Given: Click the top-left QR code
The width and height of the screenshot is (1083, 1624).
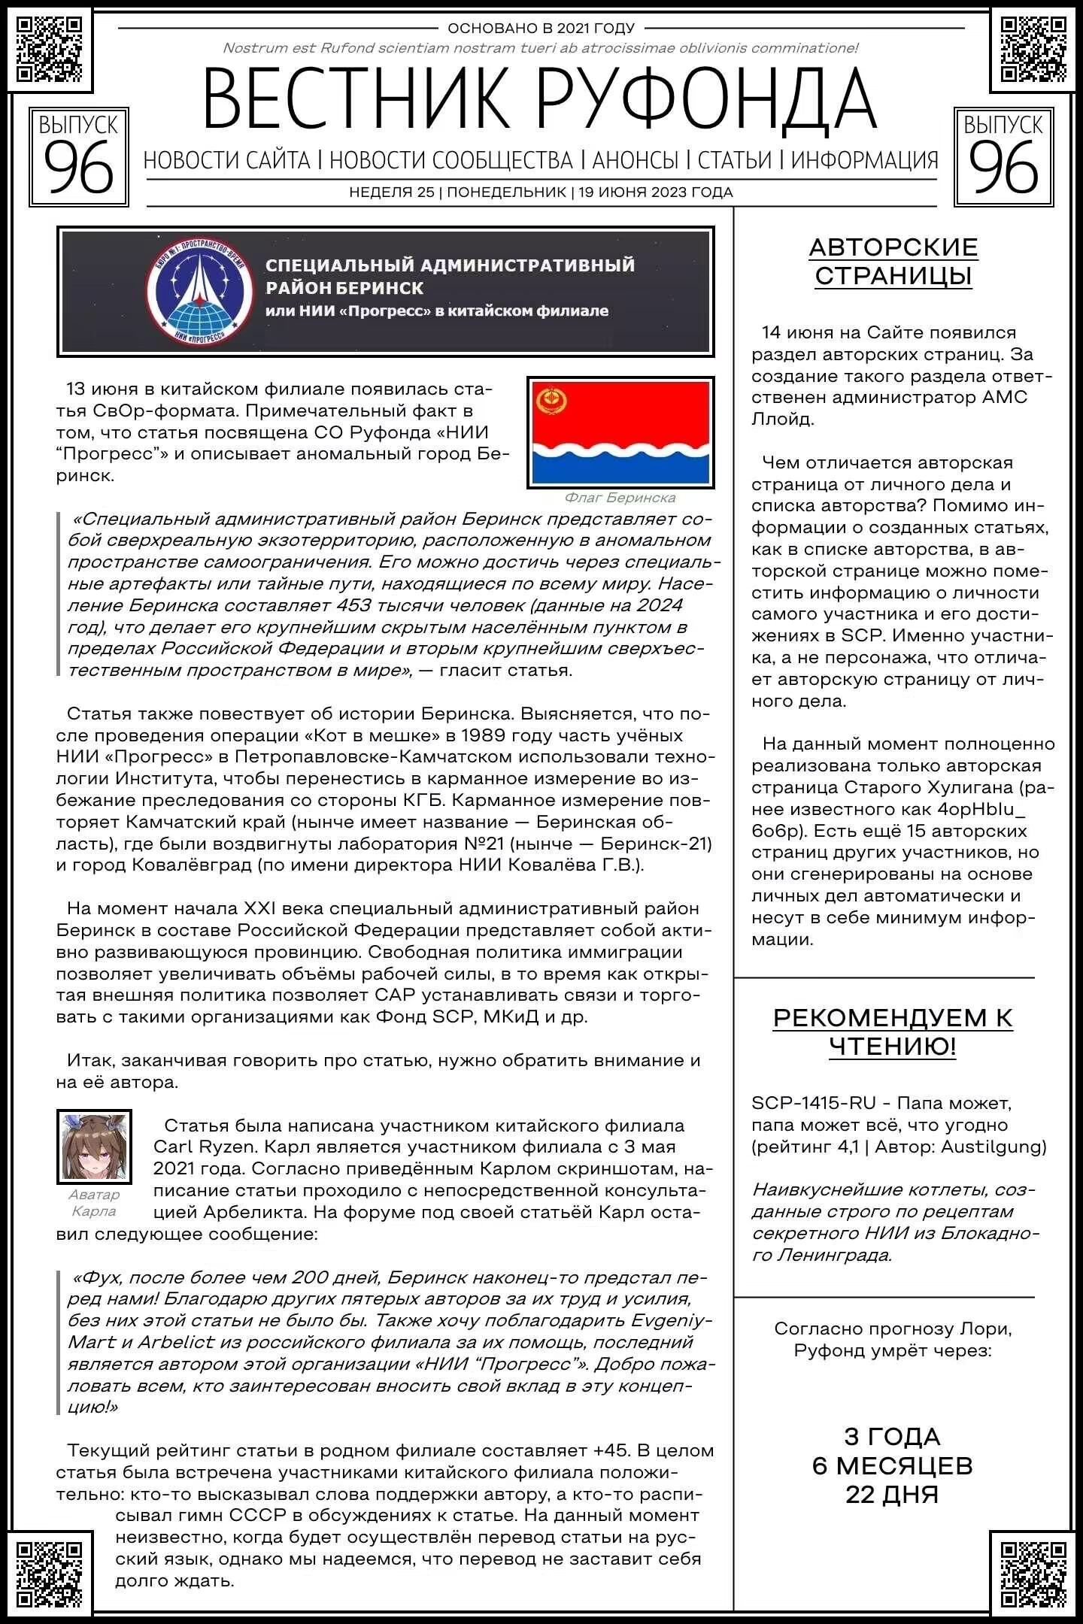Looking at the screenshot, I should point(50,49).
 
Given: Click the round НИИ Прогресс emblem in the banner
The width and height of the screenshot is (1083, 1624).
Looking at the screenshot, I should point(200,291).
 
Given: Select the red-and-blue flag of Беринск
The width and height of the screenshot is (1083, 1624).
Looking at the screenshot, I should point(620,432).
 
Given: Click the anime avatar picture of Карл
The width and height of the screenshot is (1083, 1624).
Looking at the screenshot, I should point(94,1146).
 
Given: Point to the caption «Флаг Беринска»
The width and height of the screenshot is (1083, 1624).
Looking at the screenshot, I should point(620,498).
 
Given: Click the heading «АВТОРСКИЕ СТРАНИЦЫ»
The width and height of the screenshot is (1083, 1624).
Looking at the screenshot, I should point(893,261).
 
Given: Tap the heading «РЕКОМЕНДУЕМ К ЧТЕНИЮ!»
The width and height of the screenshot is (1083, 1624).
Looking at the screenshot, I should point(893,1032).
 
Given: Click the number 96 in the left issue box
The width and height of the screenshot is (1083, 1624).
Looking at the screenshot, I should point(78,169).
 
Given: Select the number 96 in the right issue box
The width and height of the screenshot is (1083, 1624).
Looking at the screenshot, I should point(1003,169).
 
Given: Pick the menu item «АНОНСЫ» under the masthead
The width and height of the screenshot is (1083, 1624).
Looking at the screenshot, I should point(636,160).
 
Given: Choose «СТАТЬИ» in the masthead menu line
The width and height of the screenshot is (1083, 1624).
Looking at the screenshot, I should point(735,160).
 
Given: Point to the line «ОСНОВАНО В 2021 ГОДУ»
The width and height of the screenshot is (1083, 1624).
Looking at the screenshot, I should point(541,29).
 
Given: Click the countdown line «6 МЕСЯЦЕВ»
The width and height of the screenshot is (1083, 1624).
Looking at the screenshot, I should point(893,1465).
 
